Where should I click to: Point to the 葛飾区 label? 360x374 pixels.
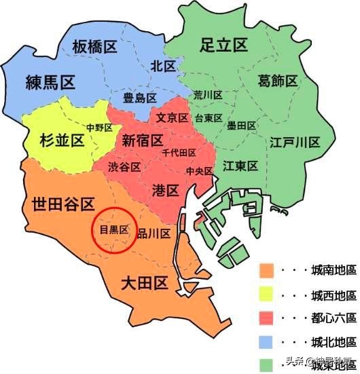278,81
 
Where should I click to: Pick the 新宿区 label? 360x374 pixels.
143,140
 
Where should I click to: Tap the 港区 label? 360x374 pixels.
166,189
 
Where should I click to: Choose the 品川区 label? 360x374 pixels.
154,232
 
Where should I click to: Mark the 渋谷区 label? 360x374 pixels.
124,166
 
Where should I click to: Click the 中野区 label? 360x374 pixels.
99,127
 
